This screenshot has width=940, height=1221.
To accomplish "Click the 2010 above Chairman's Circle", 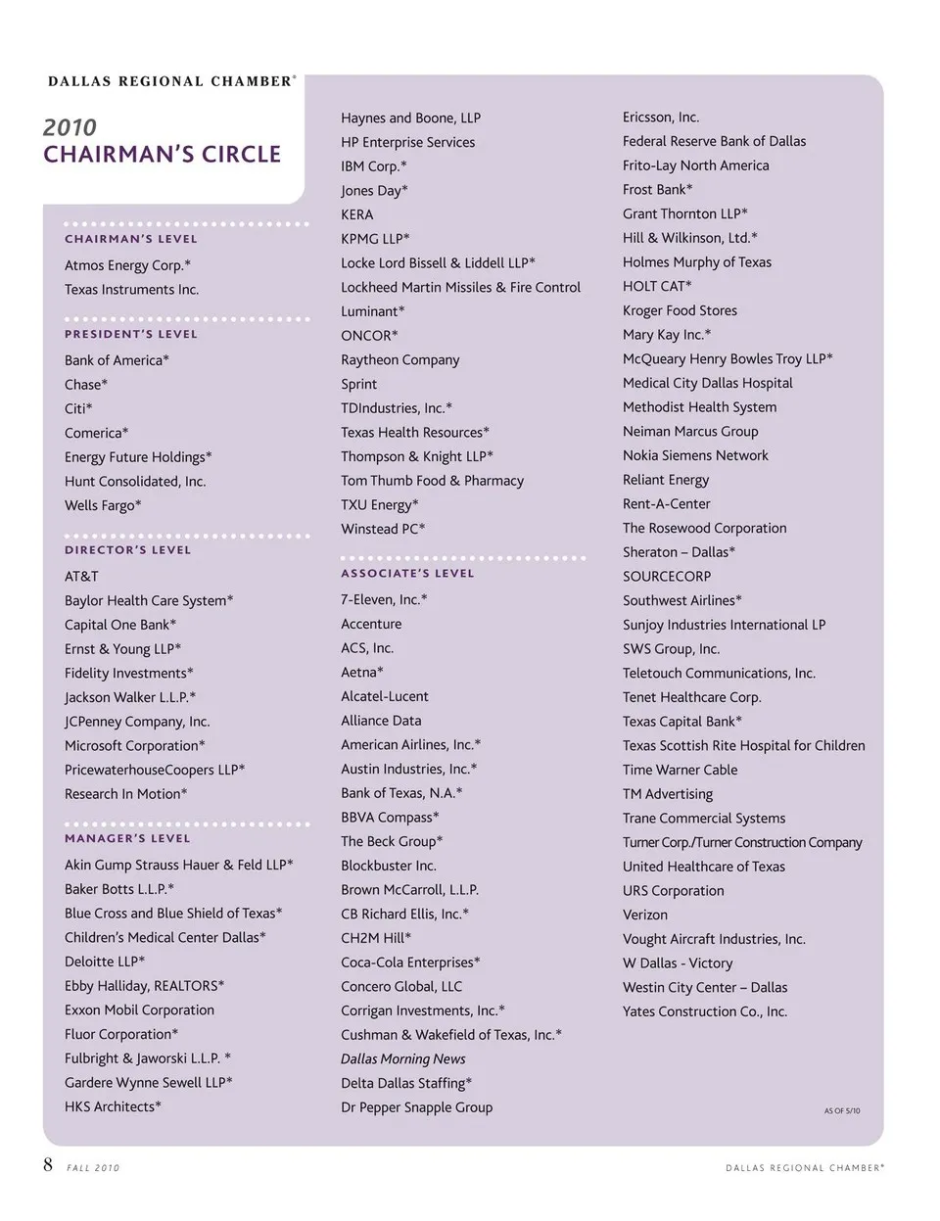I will point(70,127).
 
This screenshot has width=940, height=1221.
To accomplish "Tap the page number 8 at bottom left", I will point(48,1164).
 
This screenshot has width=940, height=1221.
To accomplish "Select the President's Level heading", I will point(131,334).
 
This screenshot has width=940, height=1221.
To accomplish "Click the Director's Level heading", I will point(128,550).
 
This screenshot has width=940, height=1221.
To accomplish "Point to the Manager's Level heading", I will point(127,839).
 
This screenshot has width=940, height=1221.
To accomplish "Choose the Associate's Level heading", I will point(407,574).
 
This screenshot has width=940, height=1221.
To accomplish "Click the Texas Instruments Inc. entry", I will point(131,290).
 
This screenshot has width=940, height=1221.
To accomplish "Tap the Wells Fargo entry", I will point(103,505).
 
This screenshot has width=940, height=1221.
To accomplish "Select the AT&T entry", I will point(81,577).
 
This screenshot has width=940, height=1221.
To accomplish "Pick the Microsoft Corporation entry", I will point(134,746).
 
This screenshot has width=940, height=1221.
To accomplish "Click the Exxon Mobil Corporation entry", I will point(139,1010).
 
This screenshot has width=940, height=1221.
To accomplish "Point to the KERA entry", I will point(356,214).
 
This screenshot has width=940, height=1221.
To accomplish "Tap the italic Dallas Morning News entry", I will point(402,1059).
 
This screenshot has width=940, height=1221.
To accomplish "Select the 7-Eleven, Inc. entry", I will point(384,599).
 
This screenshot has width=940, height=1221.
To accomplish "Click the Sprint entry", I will point(358,384).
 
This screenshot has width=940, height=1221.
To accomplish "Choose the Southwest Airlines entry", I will point(681,600).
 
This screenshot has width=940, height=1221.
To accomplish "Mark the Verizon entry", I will point(644,915).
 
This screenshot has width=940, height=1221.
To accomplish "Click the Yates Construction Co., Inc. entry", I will point(704,1011).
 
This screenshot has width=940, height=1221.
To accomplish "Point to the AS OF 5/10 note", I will point(841,1110).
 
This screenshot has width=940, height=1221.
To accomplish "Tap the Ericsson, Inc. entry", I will point(660,117).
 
